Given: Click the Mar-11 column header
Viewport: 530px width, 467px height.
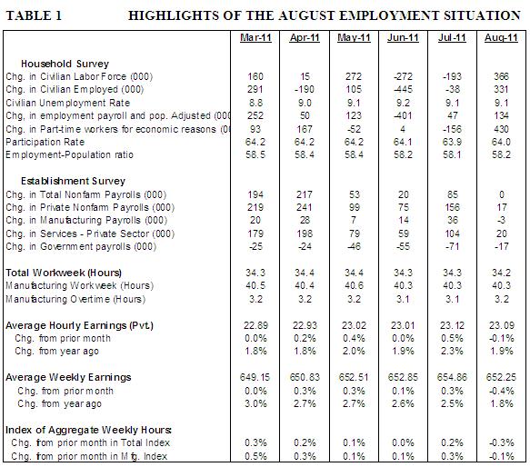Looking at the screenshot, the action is coord(255,37).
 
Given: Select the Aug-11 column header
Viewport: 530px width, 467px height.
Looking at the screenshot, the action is coord(501,37).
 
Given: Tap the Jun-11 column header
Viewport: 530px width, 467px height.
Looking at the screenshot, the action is coord(403,37).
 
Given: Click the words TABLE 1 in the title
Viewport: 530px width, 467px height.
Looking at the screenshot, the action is coord(34,15).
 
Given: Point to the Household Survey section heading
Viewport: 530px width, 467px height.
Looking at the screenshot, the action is coord(65,64).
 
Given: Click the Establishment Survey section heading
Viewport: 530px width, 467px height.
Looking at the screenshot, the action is coord(73,181).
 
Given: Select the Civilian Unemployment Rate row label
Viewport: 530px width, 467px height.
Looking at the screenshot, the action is coord(67,103).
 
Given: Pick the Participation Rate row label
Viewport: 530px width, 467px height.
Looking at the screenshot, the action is coord(45,142).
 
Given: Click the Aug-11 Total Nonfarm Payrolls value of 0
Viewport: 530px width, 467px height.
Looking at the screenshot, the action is coord(502,194).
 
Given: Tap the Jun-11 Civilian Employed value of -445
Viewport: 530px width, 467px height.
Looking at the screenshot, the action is coord(403,90).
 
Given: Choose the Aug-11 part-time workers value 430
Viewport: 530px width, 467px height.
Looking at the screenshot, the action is coord(501,129).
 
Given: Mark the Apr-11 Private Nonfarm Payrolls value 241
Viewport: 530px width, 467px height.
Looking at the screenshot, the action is coord(305,207).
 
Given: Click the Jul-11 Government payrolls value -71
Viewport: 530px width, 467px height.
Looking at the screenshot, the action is coord(452,246).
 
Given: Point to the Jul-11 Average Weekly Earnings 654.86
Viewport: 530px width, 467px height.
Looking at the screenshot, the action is coord(452,377).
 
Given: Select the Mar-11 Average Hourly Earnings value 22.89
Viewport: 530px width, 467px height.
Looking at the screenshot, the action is coord(255,325).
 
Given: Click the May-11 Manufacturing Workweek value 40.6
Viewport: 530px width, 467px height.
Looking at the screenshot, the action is coord(354,286).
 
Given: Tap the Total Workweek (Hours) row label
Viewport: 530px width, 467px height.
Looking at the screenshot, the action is coord(64,273).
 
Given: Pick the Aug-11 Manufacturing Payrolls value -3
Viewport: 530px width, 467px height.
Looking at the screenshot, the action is coord(501,220).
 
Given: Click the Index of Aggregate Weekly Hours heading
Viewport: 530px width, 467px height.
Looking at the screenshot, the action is coord(88,430).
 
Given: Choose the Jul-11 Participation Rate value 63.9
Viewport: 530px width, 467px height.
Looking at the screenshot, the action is coord(452,142).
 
